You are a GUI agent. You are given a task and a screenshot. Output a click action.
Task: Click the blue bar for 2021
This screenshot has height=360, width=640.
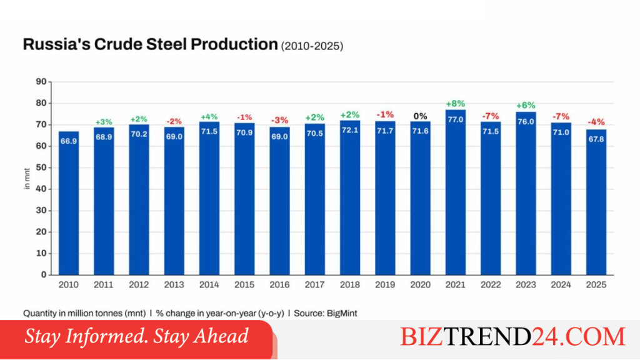[x=455, y=192]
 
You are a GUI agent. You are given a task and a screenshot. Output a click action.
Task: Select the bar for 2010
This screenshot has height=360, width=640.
[x=69, y=203]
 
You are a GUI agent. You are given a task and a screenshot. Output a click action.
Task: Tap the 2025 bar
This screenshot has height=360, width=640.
[x=596, y=202]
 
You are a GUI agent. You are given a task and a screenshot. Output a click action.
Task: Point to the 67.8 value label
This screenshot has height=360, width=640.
[x=596, y=139]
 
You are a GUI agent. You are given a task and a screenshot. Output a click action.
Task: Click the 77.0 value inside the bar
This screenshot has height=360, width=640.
[x=456, y=119]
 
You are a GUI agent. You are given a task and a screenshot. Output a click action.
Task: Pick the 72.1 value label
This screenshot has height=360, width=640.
[x=350, y=130]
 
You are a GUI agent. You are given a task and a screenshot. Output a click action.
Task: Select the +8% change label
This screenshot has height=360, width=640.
[x=456, y=104]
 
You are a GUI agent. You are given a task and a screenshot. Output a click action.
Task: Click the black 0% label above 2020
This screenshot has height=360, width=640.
[x=420, y=116]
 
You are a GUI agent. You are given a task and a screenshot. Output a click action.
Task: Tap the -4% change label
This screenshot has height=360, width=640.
[x=596, y=122]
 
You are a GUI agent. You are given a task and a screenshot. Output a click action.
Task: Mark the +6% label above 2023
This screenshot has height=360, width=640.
[x=525, y=105]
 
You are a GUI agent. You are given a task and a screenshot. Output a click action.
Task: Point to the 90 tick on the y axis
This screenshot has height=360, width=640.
[x=41, y=82]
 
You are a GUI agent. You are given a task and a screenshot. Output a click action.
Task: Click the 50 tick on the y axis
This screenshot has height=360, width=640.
[x=41, y=167]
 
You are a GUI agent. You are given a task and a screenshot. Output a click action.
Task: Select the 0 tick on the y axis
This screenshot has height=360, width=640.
[x=44, y=275]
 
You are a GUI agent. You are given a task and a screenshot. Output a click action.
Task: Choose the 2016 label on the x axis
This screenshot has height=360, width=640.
[x=279, y=285]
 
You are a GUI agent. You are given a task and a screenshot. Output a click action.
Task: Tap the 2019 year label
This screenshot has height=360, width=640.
[x=385, y=285]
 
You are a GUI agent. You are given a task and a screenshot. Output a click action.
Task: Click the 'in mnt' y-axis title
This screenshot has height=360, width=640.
[x=27, y=178]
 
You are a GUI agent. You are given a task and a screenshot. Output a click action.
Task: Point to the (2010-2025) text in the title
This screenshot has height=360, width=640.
[x=312, y=46]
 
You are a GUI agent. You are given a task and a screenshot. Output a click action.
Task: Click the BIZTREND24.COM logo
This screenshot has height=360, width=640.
[x=512, y=337]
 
